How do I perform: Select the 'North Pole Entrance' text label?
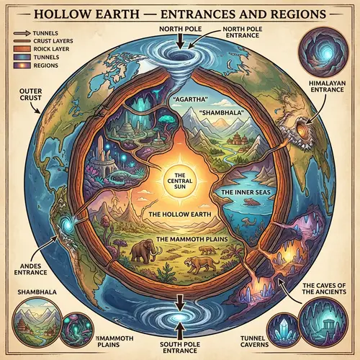246,33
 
